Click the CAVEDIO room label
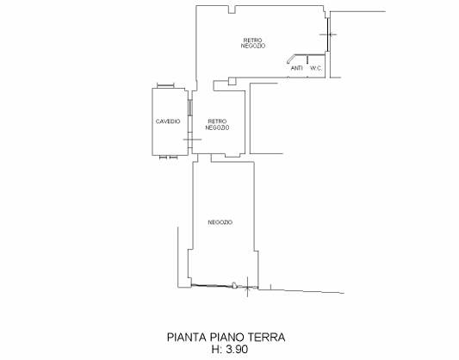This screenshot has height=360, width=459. [x=168, y=121]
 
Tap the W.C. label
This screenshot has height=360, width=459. [x=316, y=69]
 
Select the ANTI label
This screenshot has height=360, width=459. [x=296, y=68]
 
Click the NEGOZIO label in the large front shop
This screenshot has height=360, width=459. [x=220, y=222]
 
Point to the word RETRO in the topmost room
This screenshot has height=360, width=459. [x=253, y=40]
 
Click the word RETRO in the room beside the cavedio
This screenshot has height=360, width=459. [x=217, y=121]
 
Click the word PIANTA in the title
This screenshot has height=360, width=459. [x=187, y=337]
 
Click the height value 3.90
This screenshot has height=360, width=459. [x=238, y=349]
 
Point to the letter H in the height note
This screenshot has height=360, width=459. [x=215, y=349]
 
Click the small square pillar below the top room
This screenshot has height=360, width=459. [x=233, y=81]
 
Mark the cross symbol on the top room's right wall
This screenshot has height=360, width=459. [x=328, y=34]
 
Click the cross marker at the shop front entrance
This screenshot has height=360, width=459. [x=247, y=287]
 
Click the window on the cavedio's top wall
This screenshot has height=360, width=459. [x=165, y=85]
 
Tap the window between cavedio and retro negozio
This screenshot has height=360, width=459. [x=190, y=108]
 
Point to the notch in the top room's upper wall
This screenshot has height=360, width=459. [x=233, y=9]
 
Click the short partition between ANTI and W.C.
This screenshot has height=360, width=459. [x=307, y=59]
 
